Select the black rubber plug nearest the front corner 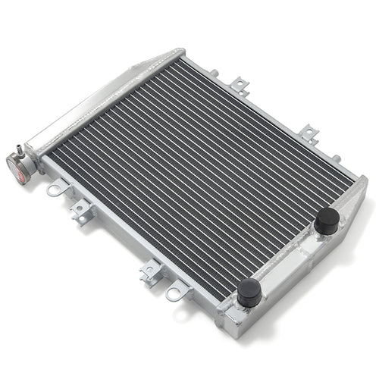pos(249,293)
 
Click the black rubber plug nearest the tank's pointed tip pos(327,221)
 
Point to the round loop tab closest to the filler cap pos(54,189)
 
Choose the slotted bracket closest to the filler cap pos(80,212)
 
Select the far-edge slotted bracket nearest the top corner pos(240,86)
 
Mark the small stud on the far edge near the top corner pos(215,74)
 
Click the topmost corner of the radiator pos(182,52)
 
